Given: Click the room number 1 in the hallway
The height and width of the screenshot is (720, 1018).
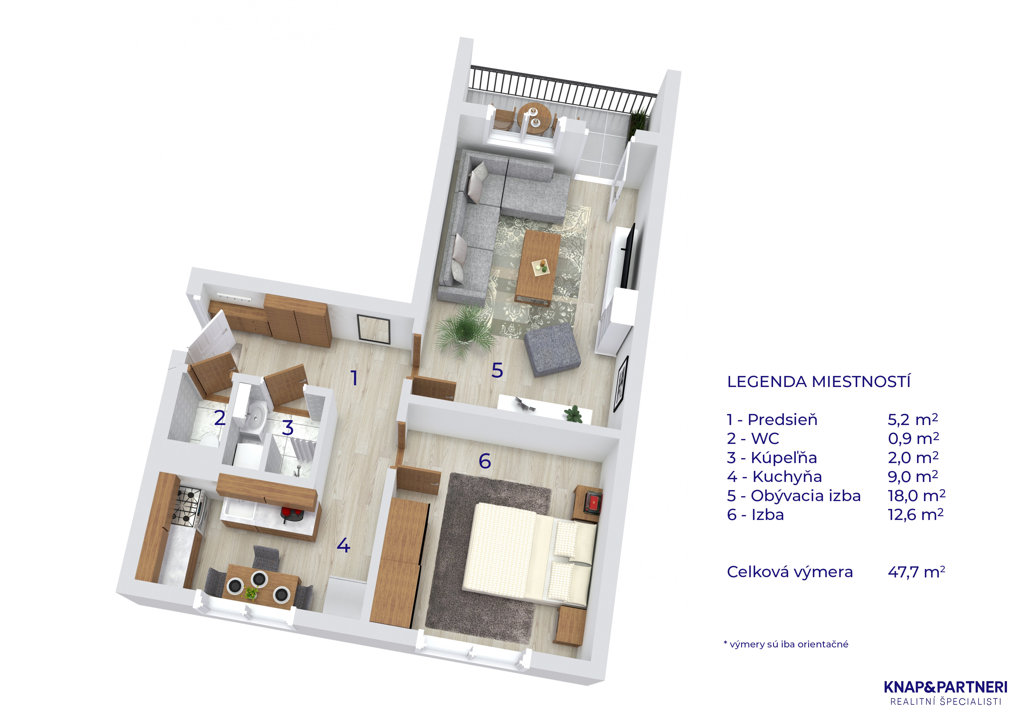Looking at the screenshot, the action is (354, 378).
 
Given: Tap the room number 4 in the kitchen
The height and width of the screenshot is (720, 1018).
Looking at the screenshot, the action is (344, 545).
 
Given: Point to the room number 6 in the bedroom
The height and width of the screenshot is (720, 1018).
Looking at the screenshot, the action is (485, 461).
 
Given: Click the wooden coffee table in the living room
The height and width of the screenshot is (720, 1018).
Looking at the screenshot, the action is (538, 267).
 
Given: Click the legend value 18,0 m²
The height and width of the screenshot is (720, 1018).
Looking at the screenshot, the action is (916, 496).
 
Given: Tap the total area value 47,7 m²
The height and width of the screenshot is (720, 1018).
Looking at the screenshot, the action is (916, 572).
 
